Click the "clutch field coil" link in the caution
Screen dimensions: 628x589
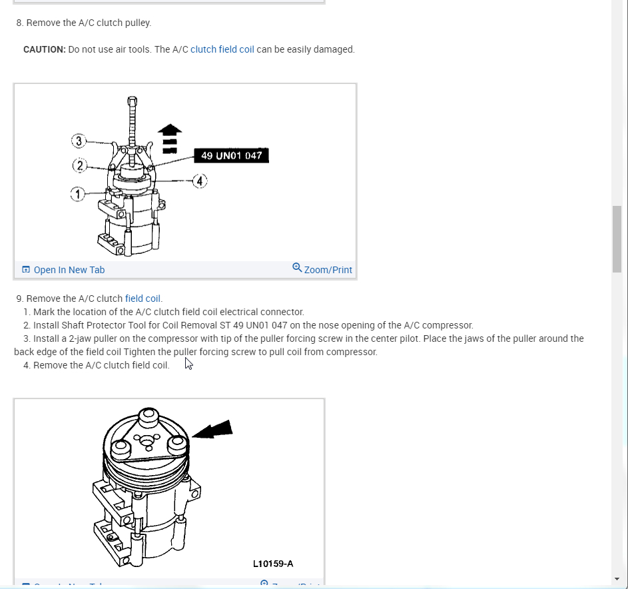(x=222, y=49)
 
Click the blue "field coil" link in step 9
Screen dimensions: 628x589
(x=143, y=298)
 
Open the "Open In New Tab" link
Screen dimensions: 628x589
(x=69, y=270)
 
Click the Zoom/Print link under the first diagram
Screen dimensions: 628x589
(x=328, y=270)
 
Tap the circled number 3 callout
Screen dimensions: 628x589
(x=79, y=141)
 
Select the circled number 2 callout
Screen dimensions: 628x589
(x=79, y=166)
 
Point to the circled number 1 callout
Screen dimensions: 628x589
(x=78, y=194)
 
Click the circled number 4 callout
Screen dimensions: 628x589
(x=200, y=181)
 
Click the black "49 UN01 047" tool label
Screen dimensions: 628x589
(x=231, y=156)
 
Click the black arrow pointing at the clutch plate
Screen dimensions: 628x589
(x=212, y=430)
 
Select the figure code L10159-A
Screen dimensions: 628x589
(x=273, y=564)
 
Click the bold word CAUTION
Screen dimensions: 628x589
(x=44, y=49)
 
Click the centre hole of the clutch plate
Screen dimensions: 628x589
(x=145, y=440)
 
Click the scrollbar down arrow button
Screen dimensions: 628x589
(x=617, y=579)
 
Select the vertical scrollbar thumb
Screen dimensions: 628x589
(x=617, y=239)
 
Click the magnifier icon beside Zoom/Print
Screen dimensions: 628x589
(x=297, y=268)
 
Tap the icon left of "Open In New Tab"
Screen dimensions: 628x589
(x=26, y=270)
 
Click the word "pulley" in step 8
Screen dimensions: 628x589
(x=135, y=23)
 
